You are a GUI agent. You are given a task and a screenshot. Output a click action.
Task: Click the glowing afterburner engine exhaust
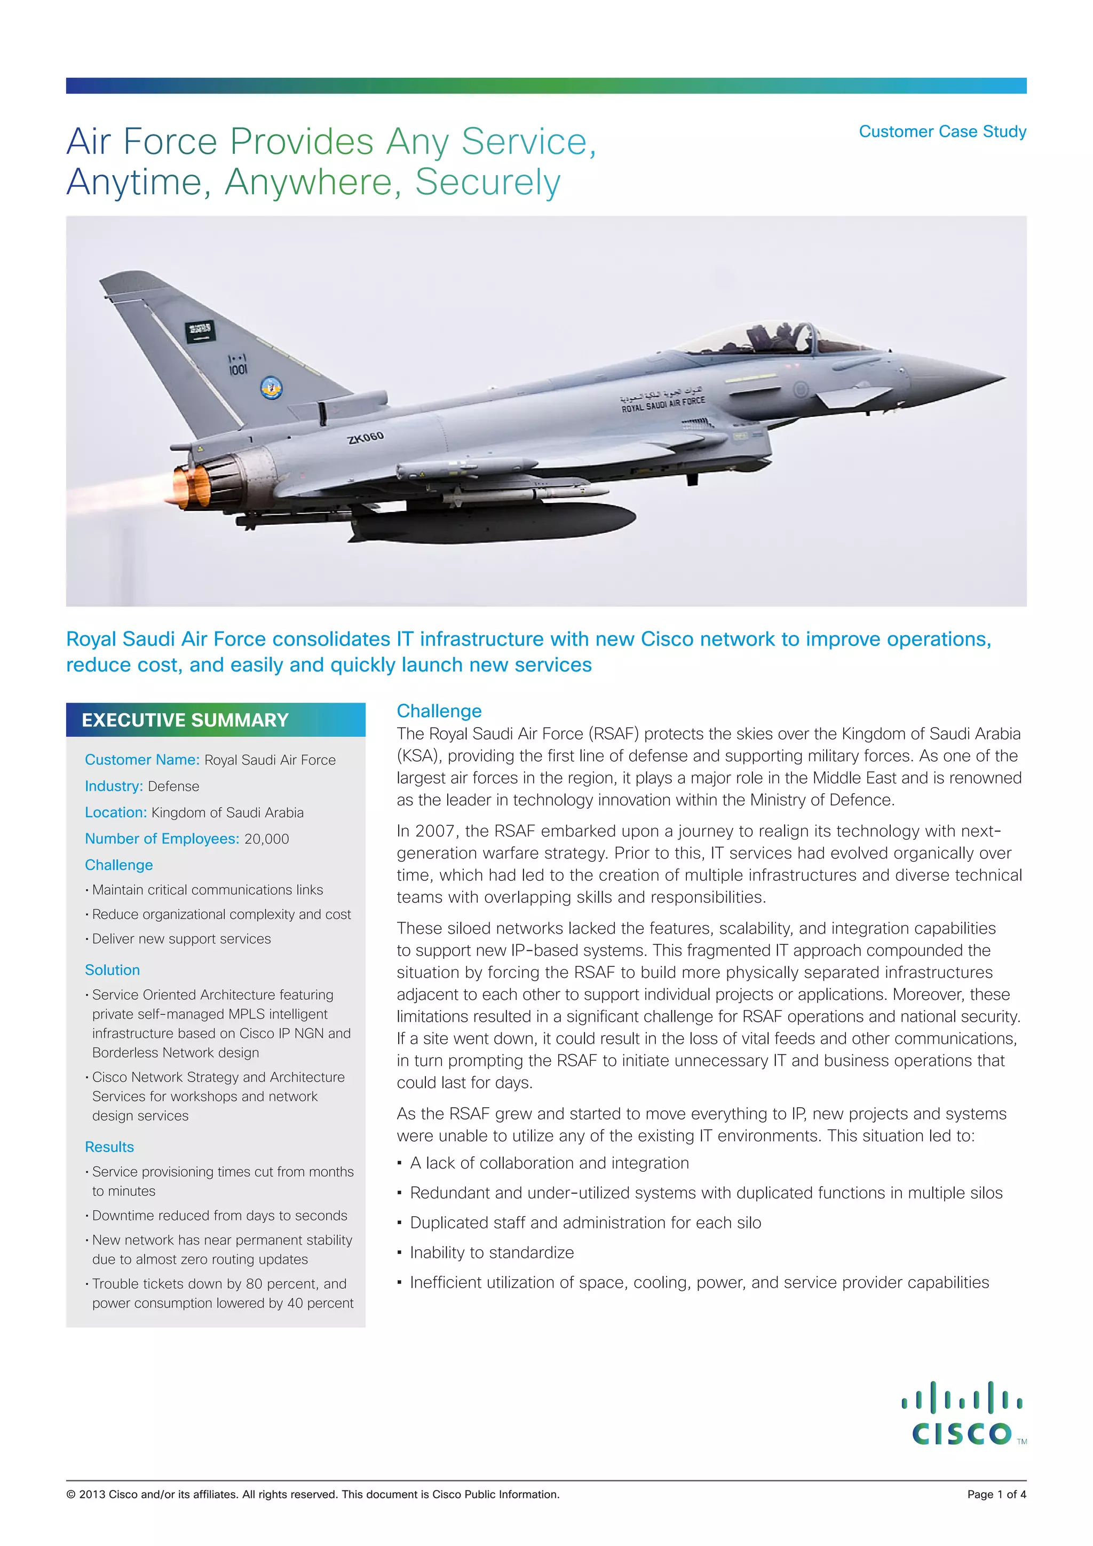[191, 486]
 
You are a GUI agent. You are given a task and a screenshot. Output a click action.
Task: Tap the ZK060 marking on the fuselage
[365, 438]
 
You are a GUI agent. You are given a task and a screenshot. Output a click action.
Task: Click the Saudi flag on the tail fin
[200, 330]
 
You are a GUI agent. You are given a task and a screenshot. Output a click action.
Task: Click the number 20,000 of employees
[266, 839]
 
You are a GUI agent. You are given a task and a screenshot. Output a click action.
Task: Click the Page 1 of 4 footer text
[996, 1494]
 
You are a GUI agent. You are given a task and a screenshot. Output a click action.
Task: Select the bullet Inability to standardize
[492, 1252]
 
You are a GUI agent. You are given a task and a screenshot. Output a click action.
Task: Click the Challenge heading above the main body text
[439, 711]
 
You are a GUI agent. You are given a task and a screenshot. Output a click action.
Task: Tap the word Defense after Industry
[173, 786]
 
